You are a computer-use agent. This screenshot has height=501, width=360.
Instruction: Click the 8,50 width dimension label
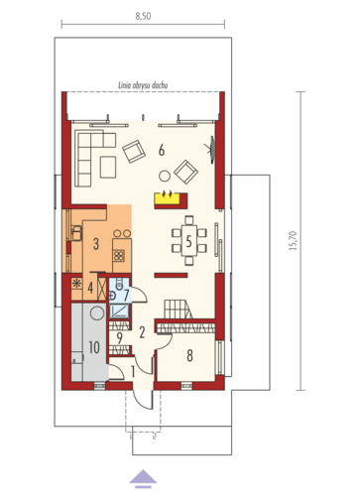[x=143, y=16]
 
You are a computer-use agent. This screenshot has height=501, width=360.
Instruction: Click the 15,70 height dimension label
[x=294, y=240]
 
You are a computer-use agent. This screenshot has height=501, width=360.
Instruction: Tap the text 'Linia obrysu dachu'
[x=143, y=85]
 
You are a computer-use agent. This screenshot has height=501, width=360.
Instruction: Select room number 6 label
[x=162, y=151]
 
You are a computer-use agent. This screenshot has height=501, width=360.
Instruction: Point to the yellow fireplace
[x=168, y=198]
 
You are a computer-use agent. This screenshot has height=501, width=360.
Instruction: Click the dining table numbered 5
[x=188, y=241]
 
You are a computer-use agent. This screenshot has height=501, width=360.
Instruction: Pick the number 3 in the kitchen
[x=96, y=244]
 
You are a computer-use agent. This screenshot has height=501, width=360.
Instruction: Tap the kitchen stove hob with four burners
[x=119, y=255]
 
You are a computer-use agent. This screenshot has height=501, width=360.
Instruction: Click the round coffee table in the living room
[x=165, y=176]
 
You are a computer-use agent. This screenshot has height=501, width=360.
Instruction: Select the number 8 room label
[x=189, y=355]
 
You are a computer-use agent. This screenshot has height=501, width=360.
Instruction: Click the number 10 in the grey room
[x=94, y=347]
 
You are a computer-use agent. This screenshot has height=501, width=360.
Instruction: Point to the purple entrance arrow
[x=143, y=479]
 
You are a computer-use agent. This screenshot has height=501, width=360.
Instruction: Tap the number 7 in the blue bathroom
[x=126, y=295]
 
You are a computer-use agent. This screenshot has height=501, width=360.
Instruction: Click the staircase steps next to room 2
[x=178, y=309]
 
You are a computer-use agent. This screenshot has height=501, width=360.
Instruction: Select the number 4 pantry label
[x=90, y=288]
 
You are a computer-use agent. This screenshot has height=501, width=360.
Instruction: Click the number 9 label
[x=119, y=337]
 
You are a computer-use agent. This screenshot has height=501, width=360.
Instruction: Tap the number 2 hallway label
[x=142, y=332]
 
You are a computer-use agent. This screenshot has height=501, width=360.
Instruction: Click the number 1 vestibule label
[x=133, y=372]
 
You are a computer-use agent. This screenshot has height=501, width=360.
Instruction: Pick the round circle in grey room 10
[x=97, y=313]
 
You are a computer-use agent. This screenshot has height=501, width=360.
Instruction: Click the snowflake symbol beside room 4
[x=76, y=284]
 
